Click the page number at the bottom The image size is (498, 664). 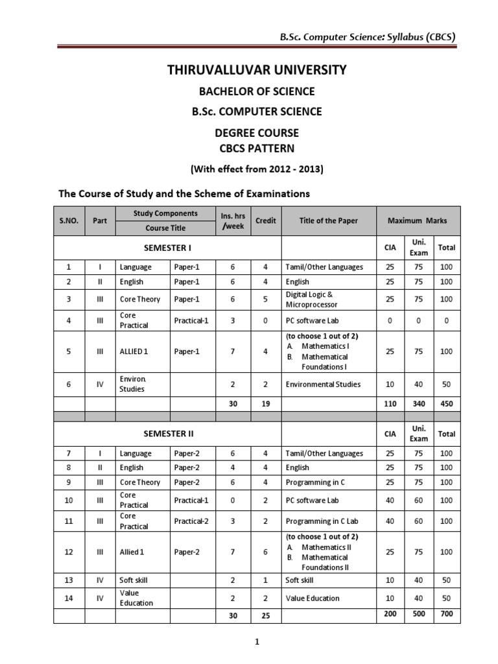(x=257, y=642)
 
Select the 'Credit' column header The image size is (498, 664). (x=265, y=220)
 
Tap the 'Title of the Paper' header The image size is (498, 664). (x=328, y=220)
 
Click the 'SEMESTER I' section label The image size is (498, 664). (x=167, y=248)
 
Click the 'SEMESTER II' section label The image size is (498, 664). (x=167, y=433)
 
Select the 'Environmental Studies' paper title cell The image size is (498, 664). (x=323, y=384)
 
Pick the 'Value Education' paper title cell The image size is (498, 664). (x=313, y=598)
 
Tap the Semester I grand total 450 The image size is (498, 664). (x=446, y=403)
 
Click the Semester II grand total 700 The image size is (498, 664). (x=446, y=613)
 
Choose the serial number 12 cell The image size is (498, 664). (x=69, y=552)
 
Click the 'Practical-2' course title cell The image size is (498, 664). (x=191, y=521)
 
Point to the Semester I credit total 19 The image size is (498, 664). (x=265, y=403)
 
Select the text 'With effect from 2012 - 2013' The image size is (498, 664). (x=257, y=169)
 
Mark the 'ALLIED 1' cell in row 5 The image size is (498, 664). (x=134, y=351)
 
